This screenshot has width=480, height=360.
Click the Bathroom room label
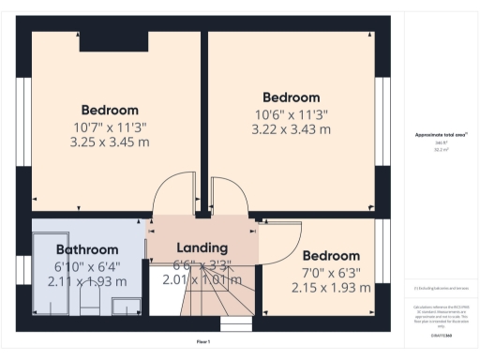point(86,250)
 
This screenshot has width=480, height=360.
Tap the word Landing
point(202,247)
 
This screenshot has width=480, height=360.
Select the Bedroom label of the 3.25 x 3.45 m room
point(109,110)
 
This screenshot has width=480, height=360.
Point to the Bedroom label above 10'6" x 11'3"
point(291,97)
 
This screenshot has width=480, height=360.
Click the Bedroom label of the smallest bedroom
point(330,256)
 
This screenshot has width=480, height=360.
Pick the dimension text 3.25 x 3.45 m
point(110,142)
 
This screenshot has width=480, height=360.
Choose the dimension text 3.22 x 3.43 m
point(291,130)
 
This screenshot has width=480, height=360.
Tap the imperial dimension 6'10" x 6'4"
point(86,266)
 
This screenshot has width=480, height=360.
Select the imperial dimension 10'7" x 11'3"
point(110,127)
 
